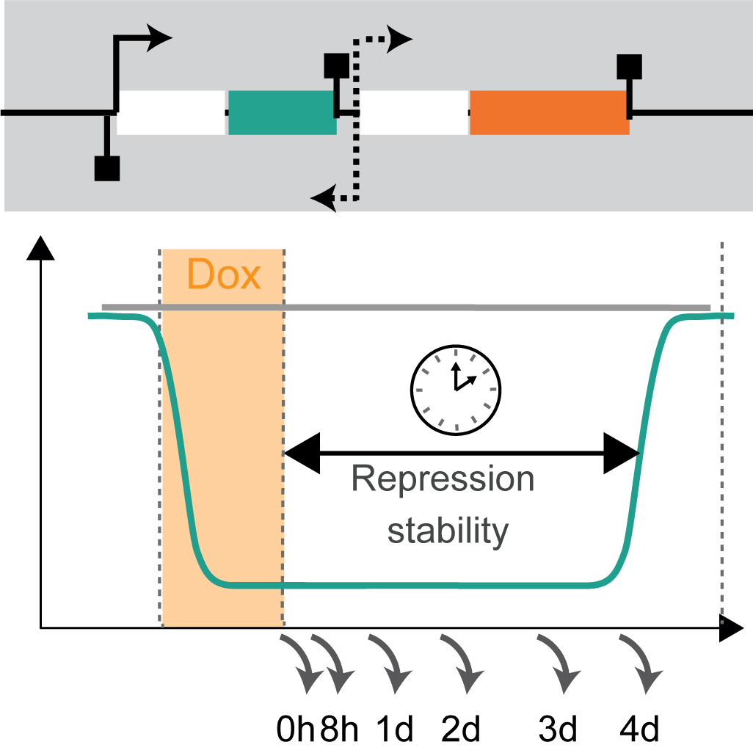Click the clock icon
(455, 386)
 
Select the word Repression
(443, 479)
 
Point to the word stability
(448, 529)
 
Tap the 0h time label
(295, 730)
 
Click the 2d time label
(461, 730)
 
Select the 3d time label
(559, 730)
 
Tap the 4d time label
(640, 730)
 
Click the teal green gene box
(283, 112)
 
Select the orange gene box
(549, 112)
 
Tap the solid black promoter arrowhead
(160, 38)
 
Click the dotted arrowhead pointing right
(401, 38)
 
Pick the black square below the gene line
(107, 168)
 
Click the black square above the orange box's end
(630, 67)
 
